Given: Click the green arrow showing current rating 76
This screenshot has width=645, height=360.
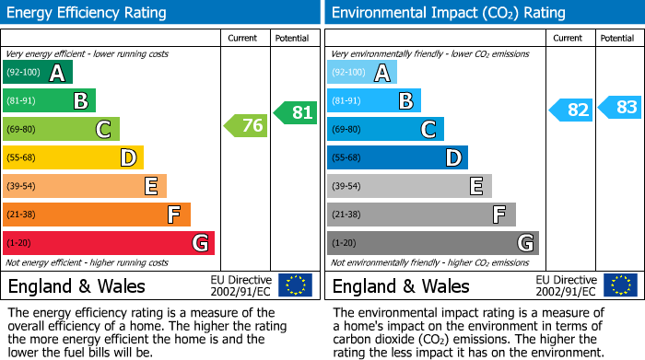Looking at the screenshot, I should point(246,126).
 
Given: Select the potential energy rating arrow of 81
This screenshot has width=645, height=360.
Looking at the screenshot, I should point(296,112).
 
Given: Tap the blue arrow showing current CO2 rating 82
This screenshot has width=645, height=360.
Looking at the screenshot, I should point(570,110).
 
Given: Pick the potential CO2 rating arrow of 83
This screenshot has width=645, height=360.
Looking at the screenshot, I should point(620,107).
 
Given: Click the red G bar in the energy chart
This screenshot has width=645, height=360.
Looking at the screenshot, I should point(109,243).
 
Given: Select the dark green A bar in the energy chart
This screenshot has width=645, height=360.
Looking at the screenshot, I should point(38,73).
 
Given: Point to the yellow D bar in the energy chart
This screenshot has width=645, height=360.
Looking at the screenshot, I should point(74,158).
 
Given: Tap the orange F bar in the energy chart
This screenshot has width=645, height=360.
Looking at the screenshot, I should point(97,215).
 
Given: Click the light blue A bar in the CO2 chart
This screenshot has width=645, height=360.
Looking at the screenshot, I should point(362,73).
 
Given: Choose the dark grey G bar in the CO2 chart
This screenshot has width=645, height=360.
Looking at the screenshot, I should point(432,243).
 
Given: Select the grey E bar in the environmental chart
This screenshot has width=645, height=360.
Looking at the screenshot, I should point(409,186).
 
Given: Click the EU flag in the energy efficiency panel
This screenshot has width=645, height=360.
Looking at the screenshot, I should point(295,285).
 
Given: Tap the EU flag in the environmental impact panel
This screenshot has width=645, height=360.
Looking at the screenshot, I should point(621,285).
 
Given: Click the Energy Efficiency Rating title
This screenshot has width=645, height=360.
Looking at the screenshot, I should point(88,13).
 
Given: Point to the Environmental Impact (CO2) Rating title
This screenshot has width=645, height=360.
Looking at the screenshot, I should point(448,13).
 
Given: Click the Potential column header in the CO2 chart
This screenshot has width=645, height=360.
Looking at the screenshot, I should point(617,38).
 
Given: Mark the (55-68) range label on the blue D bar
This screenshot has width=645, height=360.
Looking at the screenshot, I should point(346,158).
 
